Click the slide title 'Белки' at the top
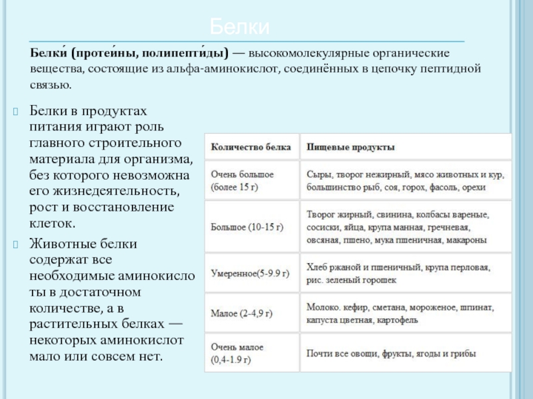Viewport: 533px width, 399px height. click(240, 27)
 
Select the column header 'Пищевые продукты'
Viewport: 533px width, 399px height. click(350, 146)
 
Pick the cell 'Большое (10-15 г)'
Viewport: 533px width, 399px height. click(247, 227)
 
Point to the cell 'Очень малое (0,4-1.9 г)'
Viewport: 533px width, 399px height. click(239, 354)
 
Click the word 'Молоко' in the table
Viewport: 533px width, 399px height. click(322, 307)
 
